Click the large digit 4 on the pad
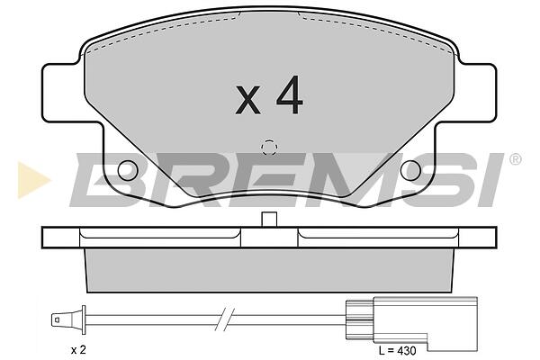click(x=289, y=94)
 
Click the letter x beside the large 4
click(x=247, y=100)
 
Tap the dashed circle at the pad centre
click(x=269, y=148)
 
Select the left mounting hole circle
click(x=128, y=170)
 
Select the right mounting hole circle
click(x=411, y=170)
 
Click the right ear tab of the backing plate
click(x=476, y=93)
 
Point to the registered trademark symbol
click(x=515, y=159)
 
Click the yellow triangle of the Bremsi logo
click(x=33, y=180)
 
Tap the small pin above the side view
click(x=269, y=219)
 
